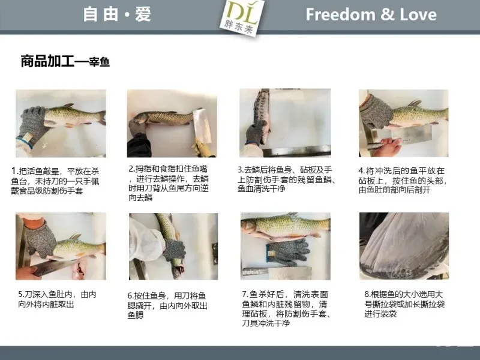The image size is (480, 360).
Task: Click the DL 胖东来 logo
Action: pos(242,18)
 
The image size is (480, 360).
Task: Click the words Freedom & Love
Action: pos(371,14)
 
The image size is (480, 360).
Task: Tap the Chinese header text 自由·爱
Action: pos(117,14)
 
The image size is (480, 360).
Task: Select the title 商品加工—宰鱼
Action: pos(65,61)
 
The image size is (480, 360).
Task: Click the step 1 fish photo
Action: pos(61,124)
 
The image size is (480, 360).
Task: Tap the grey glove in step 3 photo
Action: pos(254,134)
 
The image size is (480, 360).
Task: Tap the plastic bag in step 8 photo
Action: pos(404,246)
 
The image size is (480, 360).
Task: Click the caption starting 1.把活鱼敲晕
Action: pos(55,181)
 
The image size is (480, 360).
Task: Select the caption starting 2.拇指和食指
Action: pos(169,183)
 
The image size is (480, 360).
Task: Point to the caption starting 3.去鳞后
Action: pos(287,179)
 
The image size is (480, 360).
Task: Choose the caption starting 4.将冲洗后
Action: pos(403,181)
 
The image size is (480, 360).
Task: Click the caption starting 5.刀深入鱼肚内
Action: pos(57,299)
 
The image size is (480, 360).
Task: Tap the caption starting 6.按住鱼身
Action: pos(167,305)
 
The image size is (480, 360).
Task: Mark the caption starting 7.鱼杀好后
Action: pos(286,308)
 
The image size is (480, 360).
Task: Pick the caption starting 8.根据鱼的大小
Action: pos(404,304)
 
